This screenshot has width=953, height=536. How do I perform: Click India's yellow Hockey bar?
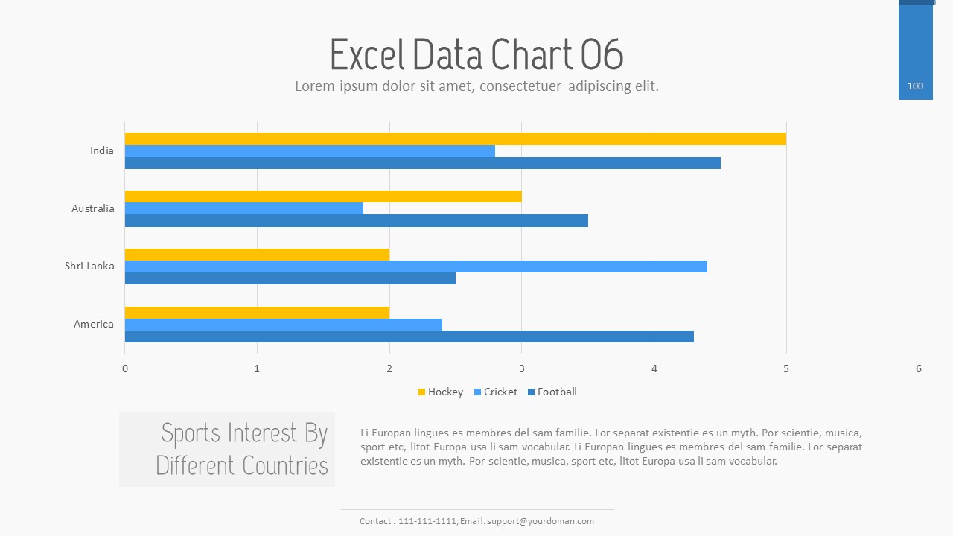455,138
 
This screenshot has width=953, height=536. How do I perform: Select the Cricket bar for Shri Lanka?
415,267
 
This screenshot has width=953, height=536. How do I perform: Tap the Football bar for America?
409,336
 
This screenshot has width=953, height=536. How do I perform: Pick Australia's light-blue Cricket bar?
243,208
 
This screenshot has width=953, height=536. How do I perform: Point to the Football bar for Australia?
356,220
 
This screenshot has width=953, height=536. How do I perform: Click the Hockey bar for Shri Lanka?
257,255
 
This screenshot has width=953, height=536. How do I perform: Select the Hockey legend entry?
441,392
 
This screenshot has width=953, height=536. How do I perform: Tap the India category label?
102,150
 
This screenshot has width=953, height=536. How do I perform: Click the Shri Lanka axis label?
89,266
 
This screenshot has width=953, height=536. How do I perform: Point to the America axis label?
94,324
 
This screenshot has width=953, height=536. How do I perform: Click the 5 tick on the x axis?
786,368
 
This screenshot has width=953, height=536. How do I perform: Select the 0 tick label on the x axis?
125,368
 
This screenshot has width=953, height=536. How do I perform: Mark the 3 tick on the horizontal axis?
521,368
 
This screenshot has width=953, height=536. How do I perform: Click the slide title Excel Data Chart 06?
476,54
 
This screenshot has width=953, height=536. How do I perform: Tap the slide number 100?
915,86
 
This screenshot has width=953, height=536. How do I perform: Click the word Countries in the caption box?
285,466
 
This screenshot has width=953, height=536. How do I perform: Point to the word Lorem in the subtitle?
313,86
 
